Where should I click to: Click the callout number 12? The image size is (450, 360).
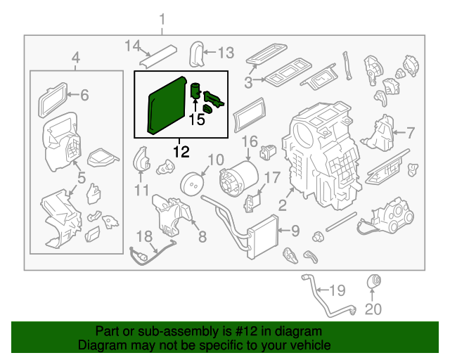[181, 150]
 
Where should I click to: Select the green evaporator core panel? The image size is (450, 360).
[166, 105]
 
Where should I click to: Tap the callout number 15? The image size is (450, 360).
[197, 120]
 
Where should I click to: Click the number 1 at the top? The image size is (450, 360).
[162, 18]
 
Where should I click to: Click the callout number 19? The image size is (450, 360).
[338, 290]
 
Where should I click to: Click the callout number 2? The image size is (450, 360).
[282, 206]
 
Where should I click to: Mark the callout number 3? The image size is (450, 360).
[248, 83]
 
